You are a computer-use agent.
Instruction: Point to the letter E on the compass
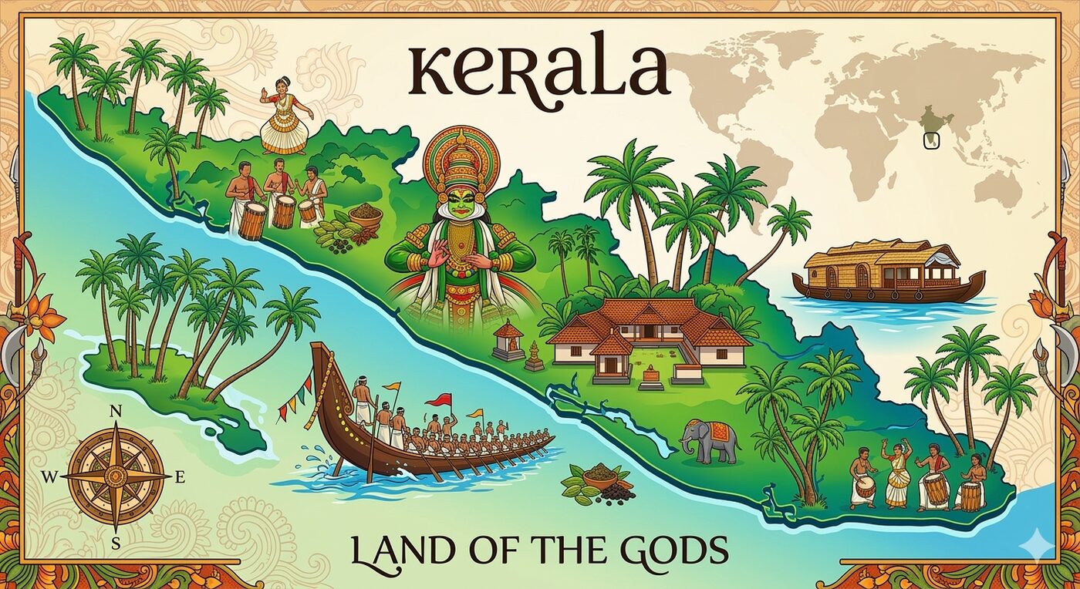(180, 477)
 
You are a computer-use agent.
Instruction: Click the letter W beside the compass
(49, 477)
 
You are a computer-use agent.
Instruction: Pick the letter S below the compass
(116, 543)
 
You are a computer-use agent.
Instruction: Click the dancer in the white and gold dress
(285, 116)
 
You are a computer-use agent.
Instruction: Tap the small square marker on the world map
(932, 140)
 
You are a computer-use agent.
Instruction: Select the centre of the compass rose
(116, 477)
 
